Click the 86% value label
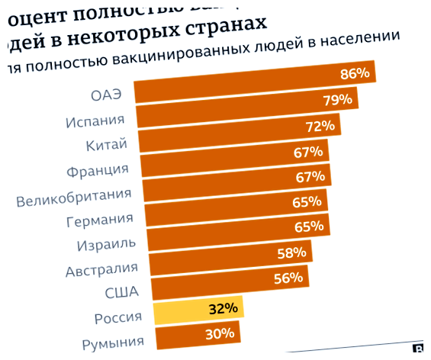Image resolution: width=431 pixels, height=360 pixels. point(355,74)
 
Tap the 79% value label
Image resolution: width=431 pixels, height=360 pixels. point(337,100)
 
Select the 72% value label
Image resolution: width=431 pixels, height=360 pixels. point(320,126)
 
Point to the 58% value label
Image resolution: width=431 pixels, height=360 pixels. point(291,252)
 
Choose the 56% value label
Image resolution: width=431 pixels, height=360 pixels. point(288,278)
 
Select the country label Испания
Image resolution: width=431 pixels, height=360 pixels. point(95,121)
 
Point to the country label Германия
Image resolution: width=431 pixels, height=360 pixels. point(100,221)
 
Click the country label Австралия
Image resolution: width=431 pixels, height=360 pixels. point(101,270)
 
